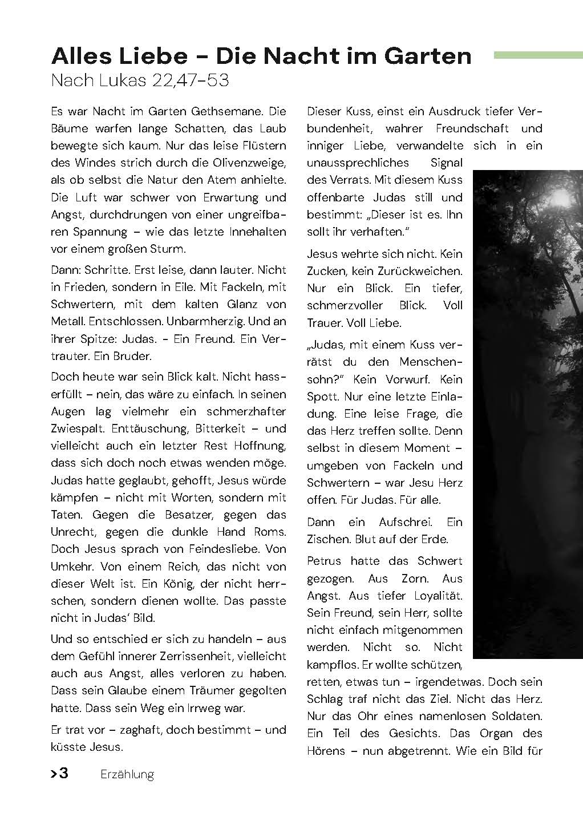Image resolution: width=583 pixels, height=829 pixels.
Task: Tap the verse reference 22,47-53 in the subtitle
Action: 190,80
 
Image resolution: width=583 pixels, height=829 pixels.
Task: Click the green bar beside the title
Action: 537,55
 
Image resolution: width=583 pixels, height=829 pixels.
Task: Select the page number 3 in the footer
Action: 64,774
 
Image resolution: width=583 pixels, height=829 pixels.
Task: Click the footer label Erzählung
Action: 127,774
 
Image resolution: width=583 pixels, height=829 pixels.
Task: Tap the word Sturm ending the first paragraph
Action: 168,249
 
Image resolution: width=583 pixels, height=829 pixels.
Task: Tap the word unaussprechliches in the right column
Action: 358,163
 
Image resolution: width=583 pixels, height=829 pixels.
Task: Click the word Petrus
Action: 323,561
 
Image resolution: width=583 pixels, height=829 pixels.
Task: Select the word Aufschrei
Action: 406,522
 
